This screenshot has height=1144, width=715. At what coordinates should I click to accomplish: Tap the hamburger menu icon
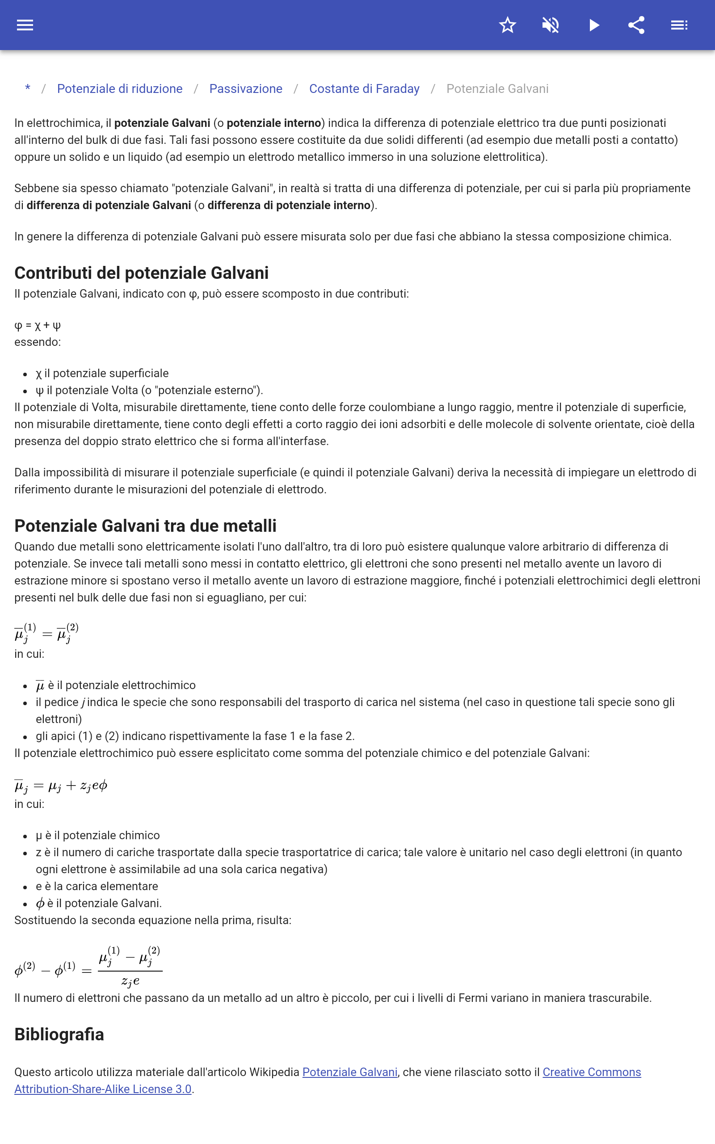click(x=25, y=25)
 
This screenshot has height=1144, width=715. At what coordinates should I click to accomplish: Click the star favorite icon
click(x=507, y=25)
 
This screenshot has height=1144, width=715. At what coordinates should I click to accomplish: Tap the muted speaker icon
click(x=551, y=25)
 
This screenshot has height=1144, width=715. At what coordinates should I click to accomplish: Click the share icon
click(x=636, y=25)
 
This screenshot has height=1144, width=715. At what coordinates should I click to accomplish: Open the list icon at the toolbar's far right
click(x=679, y=25)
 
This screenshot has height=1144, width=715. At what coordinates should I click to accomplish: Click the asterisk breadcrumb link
click(x=28, y=88)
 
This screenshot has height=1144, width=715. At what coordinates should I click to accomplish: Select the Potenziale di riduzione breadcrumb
click(x=120, y=89)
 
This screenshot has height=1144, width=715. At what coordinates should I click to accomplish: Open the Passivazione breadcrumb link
click(x=246, y=89)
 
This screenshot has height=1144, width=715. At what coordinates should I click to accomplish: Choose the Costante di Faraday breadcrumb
click(x=364, y=89)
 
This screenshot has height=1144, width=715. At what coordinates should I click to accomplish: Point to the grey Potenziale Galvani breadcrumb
click(x=497, y=89)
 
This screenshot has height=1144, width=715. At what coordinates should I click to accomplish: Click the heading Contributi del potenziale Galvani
click(x=141, y=273)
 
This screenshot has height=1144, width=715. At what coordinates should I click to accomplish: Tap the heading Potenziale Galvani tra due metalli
click(x=145, y=526)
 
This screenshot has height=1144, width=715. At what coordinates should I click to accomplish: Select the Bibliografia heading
click(x=59, y=1034)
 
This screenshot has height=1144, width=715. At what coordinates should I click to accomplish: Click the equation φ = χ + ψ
click(x=38, y=325)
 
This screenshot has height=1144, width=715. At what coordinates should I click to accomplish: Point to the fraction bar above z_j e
click(x=130, y=971)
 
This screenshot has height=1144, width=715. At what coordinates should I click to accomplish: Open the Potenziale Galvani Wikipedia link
click(x=349, y=1072)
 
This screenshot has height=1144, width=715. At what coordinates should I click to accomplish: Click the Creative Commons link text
click(x=591, y=1072)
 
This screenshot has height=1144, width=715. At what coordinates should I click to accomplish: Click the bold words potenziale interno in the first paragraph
click(x=274, y=123)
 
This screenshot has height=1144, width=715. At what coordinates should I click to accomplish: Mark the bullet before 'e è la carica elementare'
click(x=25, y=887)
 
